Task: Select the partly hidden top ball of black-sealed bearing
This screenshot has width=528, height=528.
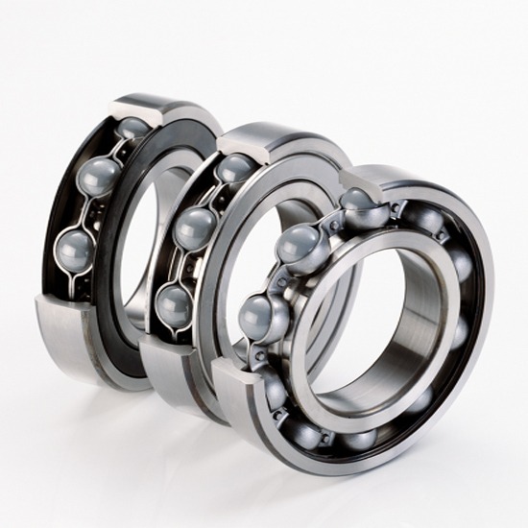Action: tap(132, 127)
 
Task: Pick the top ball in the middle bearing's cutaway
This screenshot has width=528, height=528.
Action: tap(234, 168)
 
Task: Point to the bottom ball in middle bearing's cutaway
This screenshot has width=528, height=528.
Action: tap(175, 305)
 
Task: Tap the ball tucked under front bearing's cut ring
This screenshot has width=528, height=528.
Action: tap(359, 201)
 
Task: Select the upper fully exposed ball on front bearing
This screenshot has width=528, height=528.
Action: tap(301, 247)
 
